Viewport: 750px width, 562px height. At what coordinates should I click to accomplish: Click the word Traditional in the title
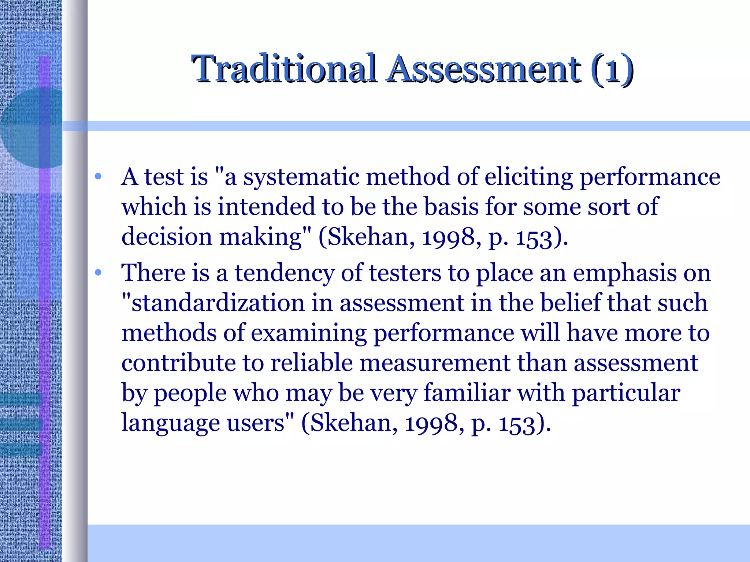point(284,68)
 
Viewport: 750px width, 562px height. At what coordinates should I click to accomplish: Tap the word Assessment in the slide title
point(484,68)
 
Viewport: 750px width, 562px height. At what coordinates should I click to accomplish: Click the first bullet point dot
point(98,177)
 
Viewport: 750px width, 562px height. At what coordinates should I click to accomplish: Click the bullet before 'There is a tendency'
point(98,273)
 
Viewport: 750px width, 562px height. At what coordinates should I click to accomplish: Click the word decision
point(167,237)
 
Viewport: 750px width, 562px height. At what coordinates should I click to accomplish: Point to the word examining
point(309,334)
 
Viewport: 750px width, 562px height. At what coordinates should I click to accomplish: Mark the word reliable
point(311,363)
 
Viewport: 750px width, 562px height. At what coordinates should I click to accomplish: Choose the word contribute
point(178,363)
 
